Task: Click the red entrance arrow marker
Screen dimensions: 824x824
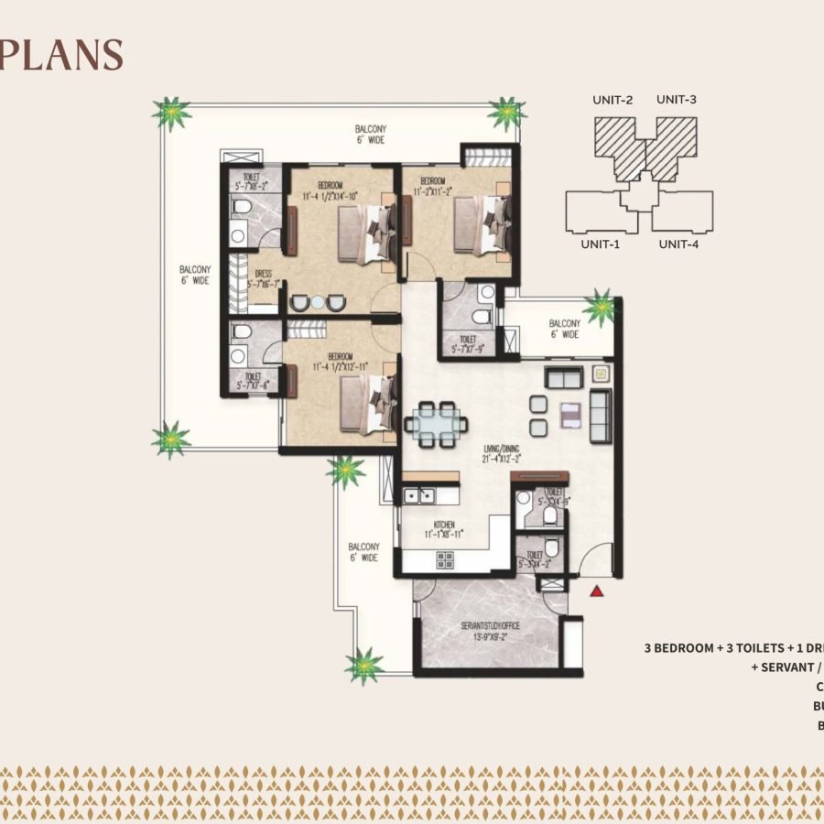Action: click(597, 592)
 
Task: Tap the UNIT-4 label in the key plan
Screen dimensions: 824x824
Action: click(678, 244)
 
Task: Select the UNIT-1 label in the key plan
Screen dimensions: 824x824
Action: click(601, 244)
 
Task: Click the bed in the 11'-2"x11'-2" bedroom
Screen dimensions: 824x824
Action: click(481, 223)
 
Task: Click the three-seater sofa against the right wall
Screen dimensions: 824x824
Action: click(601, 415)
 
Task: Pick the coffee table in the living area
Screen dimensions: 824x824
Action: click(569, 413)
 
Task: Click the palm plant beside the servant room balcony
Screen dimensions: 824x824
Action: click(364, 666)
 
